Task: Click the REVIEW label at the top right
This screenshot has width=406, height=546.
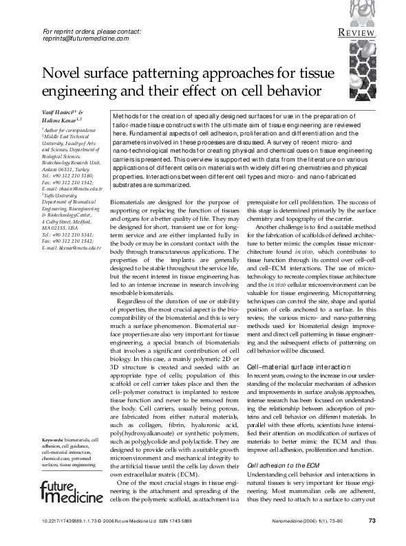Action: pyautogui.click(x=356, y=32)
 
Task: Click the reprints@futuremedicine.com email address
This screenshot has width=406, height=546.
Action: pyautogui.click(x=86, y=39)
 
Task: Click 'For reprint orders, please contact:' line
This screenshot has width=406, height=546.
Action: pyautogui.click(x=92, y=32)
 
